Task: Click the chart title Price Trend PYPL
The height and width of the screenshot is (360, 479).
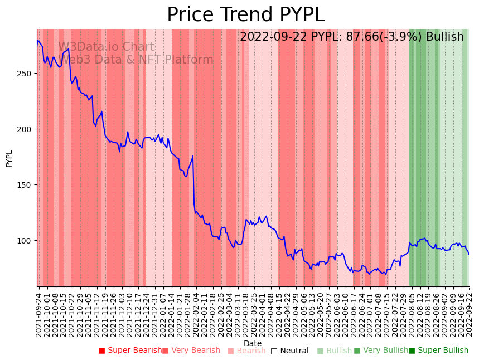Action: [x=245, y=15]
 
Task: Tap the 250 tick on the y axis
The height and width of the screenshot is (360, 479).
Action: [x=27, y=74]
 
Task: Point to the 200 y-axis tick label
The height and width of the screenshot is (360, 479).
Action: [x=27, y=129]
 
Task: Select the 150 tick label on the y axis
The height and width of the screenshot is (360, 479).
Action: [x=27, y=185]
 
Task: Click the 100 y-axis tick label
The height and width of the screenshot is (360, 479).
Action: [x=27, y=241]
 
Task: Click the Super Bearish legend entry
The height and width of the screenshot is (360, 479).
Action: [x=130, y=351]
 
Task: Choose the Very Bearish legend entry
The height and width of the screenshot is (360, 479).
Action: [x=191, y=351]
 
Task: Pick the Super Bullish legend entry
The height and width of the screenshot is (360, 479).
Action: [x=438, y=351]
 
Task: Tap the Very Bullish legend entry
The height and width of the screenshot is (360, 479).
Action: [x=381, y=351]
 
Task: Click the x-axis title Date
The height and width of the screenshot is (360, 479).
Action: [x=253, y=343]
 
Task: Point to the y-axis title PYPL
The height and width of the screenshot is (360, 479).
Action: [x=9, y=158]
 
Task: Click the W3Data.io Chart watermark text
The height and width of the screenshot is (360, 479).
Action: [x=106, y=47]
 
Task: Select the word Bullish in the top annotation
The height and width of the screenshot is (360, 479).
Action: [x=444, y=37]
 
